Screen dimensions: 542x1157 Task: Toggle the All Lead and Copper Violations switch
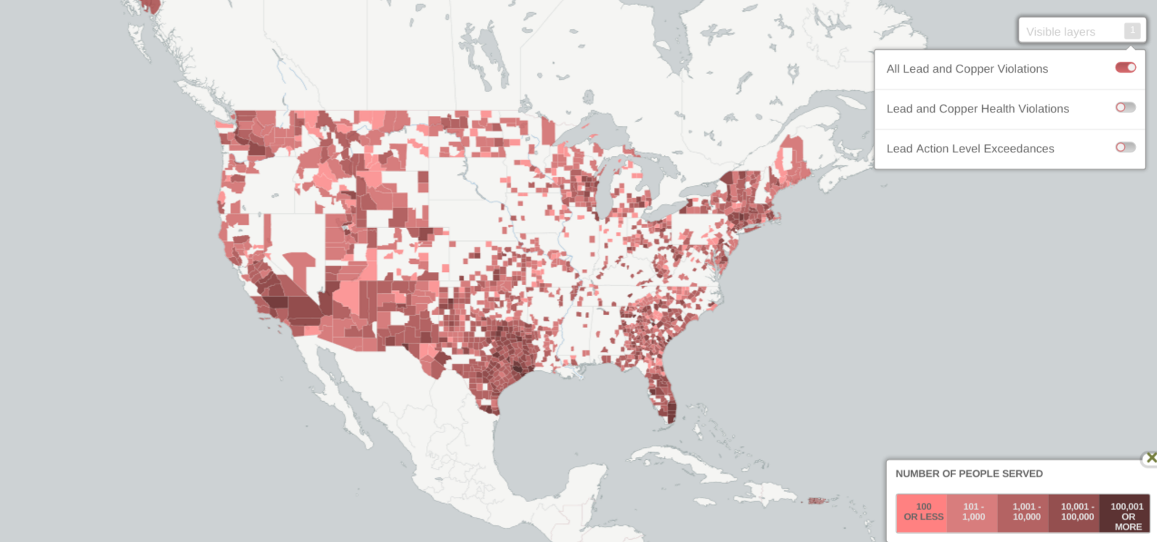pos(1125,67)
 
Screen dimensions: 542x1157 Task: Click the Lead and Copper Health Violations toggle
pos(1125,107)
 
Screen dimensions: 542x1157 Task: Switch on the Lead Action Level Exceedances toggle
pos(1125,147)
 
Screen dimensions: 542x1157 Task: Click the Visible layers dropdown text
pos(1060,32)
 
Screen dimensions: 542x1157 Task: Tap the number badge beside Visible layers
pos(1132,30)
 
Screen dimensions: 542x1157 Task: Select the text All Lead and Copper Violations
pos(967,69)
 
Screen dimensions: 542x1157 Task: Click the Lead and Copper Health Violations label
pos(977,109)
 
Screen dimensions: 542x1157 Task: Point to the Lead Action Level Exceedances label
pos(970,149)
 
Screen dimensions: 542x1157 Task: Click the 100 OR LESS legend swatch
pos(923,512)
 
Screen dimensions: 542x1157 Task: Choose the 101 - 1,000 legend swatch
pos(973,512)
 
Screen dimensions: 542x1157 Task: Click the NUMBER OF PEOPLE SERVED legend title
pos(969,474)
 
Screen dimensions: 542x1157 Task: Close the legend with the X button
pos(1150,458)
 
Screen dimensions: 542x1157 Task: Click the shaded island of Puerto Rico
pos(817,501)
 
